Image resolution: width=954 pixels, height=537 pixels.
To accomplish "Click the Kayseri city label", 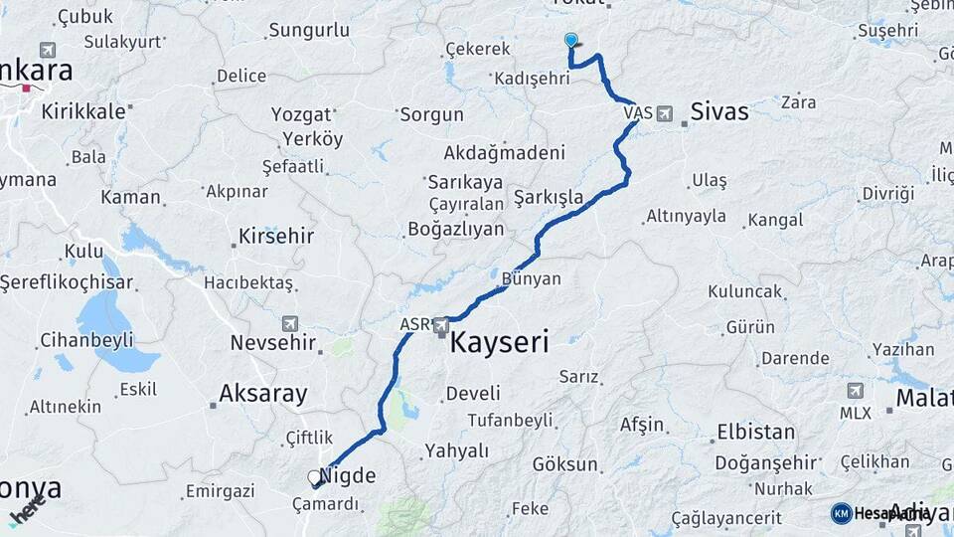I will point(499,344).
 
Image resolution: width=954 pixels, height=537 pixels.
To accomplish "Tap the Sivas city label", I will point(719,111).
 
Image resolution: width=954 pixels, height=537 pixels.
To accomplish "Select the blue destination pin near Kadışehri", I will point(570,41).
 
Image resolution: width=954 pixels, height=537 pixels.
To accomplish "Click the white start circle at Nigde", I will point(314,477).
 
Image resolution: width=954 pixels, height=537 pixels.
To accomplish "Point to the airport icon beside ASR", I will point(440,324).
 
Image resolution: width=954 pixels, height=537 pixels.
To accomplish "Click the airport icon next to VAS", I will point(664,113).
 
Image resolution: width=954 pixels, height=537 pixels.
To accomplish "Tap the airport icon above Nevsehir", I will point(289,323).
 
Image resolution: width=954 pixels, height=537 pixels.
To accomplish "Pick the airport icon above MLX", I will point(855,391).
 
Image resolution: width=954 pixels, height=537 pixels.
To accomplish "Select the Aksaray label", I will point(263,394).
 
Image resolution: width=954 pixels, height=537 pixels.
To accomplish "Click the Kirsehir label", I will point(276,237).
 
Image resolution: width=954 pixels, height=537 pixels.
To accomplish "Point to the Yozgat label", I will point(301,114).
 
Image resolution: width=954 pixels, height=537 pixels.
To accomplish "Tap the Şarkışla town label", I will point(549,197).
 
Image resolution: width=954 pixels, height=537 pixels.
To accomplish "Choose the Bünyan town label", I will point(532,279).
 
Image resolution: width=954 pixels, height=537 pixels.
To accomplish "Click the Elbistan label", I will point(755,433).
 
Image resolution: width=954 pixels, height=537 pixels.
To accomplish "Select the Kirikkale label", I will point(83,111).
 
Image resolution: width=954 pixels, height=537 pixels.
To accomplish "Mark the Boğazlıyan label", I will point(456,229).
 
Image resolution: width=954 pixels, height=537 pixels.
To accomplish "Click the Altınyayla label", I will point(686,216).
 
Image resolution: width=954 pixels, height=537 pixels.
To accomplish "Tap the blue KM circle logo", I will point(842,513).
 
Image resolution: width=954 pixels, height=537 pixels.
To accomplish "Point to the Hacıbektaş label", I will point(248,283).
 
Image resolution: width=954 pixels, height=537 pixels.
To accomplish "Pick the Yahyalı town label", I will point(457,450).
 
